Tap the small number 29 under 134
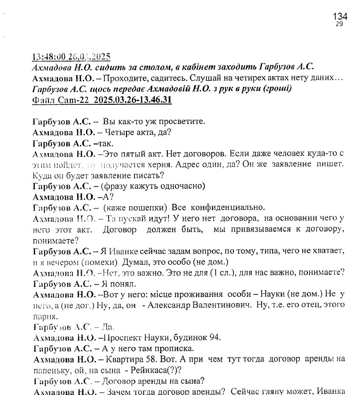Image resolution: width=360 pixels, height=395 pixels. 339,24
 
